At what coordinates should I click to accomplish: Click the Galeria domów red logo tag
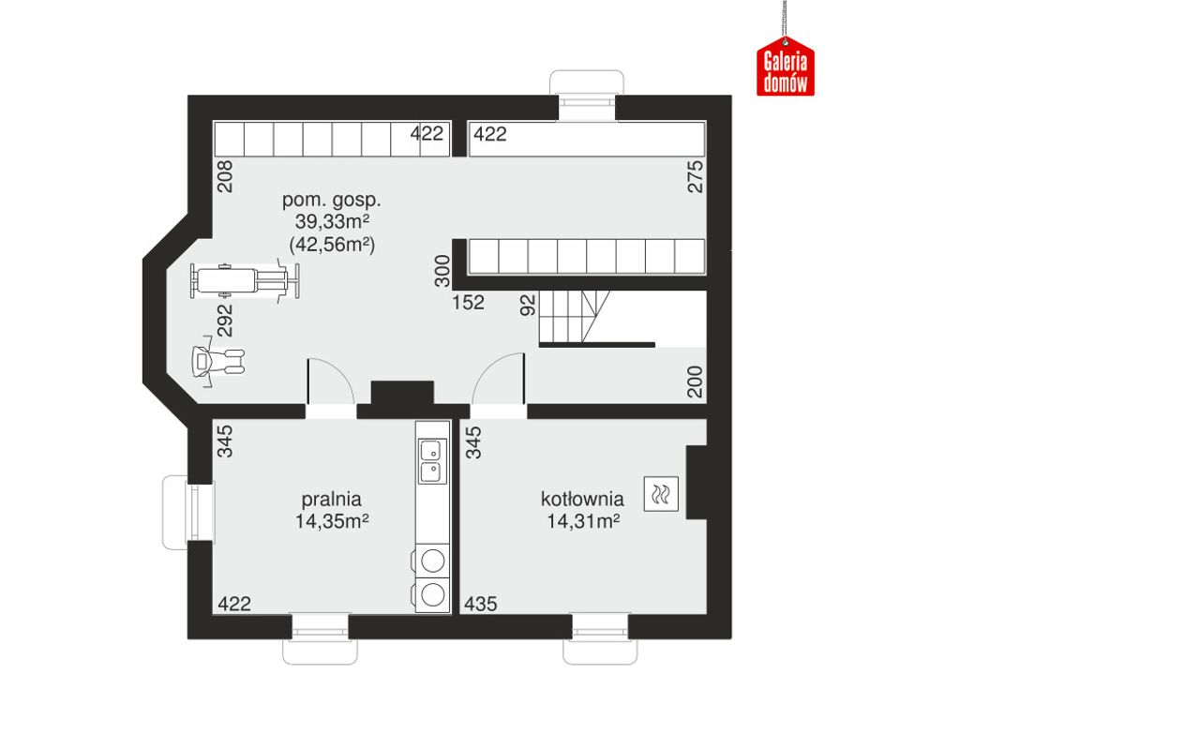786,67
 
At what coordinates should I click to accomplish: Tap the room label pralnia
332,500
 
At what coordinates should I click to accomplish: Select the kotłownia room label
582,500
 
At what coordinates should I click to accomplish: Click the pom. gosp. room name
332,201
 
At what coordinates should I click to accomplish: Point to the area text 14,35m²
332,521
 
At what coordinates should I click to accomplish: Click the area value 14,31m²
583,521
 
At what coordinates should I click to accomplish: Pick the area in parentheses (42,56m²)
332,245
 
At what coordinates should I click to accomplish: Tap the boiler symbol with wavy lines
661,494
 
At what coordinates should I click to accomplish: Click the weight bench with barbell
245,280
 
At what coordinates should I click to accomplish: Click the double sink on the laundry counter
432,461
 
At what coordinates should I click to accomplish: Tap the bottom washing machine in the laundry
431,594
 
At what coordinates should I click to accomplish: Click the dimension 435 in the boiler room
481,605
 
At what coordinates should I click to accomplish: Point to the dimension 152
468,303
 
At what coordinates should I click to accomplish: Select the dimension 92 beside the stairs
528,305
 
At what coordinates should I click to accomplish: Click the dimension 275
695,177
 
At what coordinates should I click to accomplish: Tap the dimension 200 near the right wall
695,382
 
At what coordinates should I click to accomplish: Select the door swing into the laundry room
331,381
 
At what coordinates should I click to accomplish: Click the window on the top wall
587,96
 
